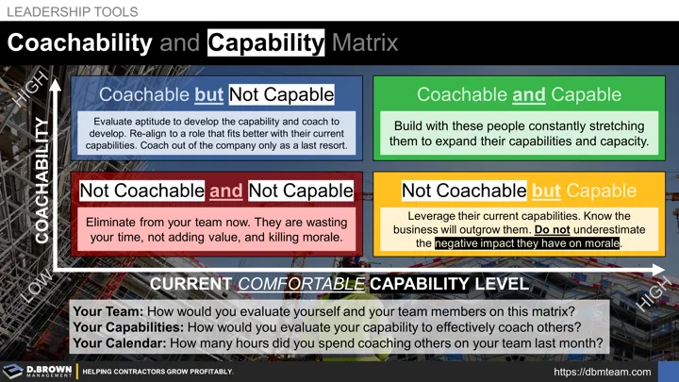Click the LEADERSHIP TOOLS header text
(73, 12)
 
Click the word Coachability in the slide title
(80, 43)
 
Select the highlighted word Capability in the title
(266, 43)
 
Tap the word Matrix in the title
(364, 43)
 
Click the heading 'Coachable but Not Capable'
(216, 94)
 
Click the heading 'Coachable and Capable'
(519, 94)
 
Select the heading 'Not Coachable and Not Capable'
(216, 191)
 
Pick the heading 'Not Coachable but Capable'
(519, 191)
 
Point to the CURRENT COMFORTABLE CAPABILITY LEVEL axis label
(339, 284)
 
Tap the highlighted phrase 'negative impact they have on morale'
(528, 242)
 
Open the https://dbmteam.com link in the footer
(601, 372)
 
